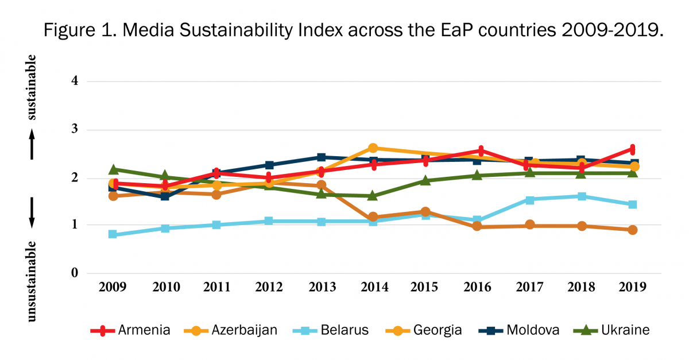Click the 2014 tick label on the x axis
pos(373,287)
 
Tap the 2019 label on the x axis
pos(633,287)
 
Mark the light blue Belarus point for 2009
pos(113,234)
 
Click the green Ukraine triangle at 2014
pos(373,196)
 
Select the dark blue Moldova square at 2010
pos(165,196)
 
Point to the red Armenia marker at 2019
pos(633,149)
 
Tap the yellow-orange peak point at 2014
pos(373,148)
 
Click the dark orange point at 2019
pos(633,230)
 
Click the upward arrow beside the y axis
pos(32,144)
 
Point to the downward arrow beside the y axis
pos(32,213)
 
